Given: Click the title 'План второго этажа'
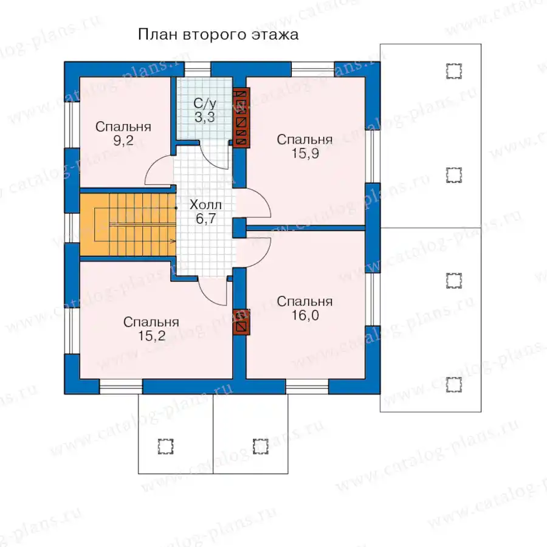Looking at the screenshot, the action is click(218, 35).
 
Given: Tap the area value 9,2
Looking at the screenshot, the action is click(123, 140).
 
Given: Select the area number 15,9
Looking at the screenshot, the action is click(305, 154).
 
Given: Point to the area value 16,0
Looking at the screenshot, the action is click(305, 315).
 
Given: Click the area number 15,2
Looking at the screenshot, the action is click(151, 336).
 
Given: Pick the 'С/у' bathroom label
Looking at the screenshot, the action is click(205, 103).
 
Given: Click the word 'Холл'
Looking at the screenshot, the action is click(205, 204).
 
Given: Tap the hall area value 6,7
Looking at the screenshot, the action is click(206, 219).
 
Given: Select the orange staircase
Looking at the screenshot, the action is click(128, 225).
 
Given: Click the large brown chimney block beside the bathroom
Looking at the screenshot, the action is click(241, 117).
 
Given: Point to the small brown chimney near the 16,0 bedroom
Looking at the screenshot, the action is click(241, 322).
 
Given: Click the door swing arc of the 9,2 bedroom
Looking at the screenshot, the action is click(154, 168).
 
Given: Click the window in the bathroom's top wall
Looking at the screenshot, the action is click(198, 69).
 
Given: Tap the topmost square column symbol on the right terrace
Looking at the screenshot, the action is click(454, 71).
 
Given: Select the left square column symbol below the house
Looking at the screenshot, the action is click(165, 446).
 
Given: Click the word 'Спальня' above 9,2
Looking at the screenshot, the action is click(123, 126).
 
